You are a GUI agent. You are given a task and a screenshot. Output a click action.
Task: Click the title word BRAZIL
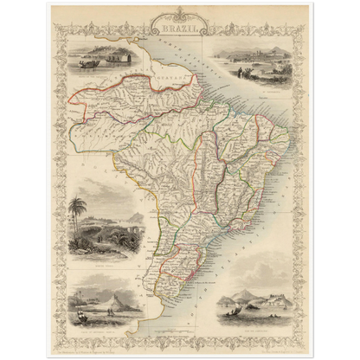point(180,28)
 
